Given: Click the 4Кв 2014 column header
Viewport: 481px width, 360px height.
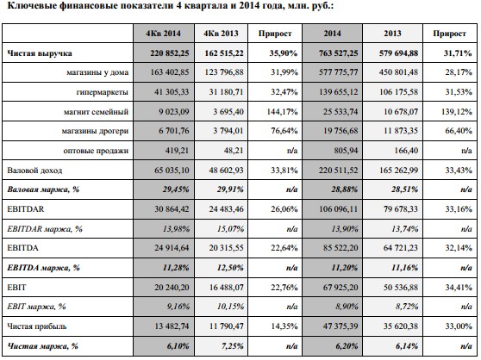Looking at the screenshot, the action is click(163, 34).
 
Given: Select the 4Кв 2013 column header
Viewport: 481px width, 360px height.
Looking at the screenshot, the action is click(221, 34).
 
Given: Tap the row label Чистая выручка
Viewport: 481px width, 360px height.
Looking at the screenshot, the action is click(40, 53).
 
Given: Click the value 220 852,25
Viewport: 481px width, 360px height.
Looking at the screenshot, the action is click(170, 53).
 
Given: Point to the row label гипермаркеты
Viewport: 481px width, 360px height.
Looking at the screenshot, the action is click(103, 92).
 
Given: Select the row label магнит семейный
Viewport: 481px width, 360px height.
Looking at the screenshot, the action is click(96, 111).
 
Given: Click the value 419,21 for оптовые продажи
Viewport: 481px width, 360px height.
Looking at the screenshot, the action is click(176, 151).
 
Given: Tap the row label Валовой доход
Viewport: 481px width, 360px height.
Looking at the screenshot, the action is click(34, 171).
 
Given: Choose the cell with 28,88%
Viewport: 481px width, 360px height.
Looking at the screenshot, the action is click(345, 189).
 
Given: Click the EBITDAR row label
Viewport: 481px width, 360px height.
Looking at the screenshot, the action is click(26, 209).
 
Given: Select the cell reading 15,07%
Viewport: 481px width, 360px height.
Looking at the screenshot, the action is click(230, 228).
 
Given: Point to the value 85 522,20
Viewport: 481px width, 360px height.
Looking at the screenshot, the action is click(340, 248).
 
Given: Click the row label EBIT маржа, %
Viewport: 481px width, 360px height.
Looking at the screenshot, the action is click(36, 307).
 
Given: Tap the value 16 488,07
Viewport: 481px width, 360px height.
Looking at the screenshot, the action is click(227, 288).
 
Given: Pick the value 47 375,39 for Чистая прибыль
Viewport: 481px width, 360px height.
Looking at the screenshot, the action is click(340, 326).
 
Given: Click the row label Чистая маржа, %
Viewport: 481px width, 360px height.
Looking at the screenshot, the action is click(42, 346).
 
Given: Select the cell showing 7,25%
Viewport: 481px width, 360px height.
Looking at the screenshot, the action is click(232, 346).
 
